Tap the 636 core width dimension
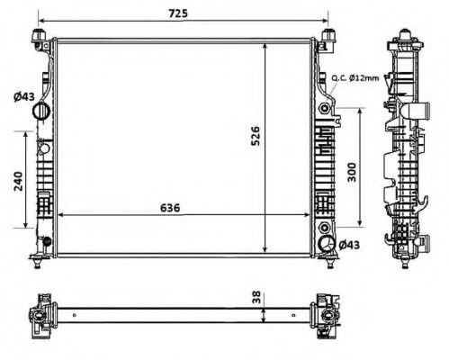(x=171, y=207)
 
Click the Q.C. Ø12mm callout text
(x=355, y=78)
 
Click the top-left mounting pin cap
(x=39, y=37)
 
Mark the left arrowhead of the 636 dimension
(x=60, y=215)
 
